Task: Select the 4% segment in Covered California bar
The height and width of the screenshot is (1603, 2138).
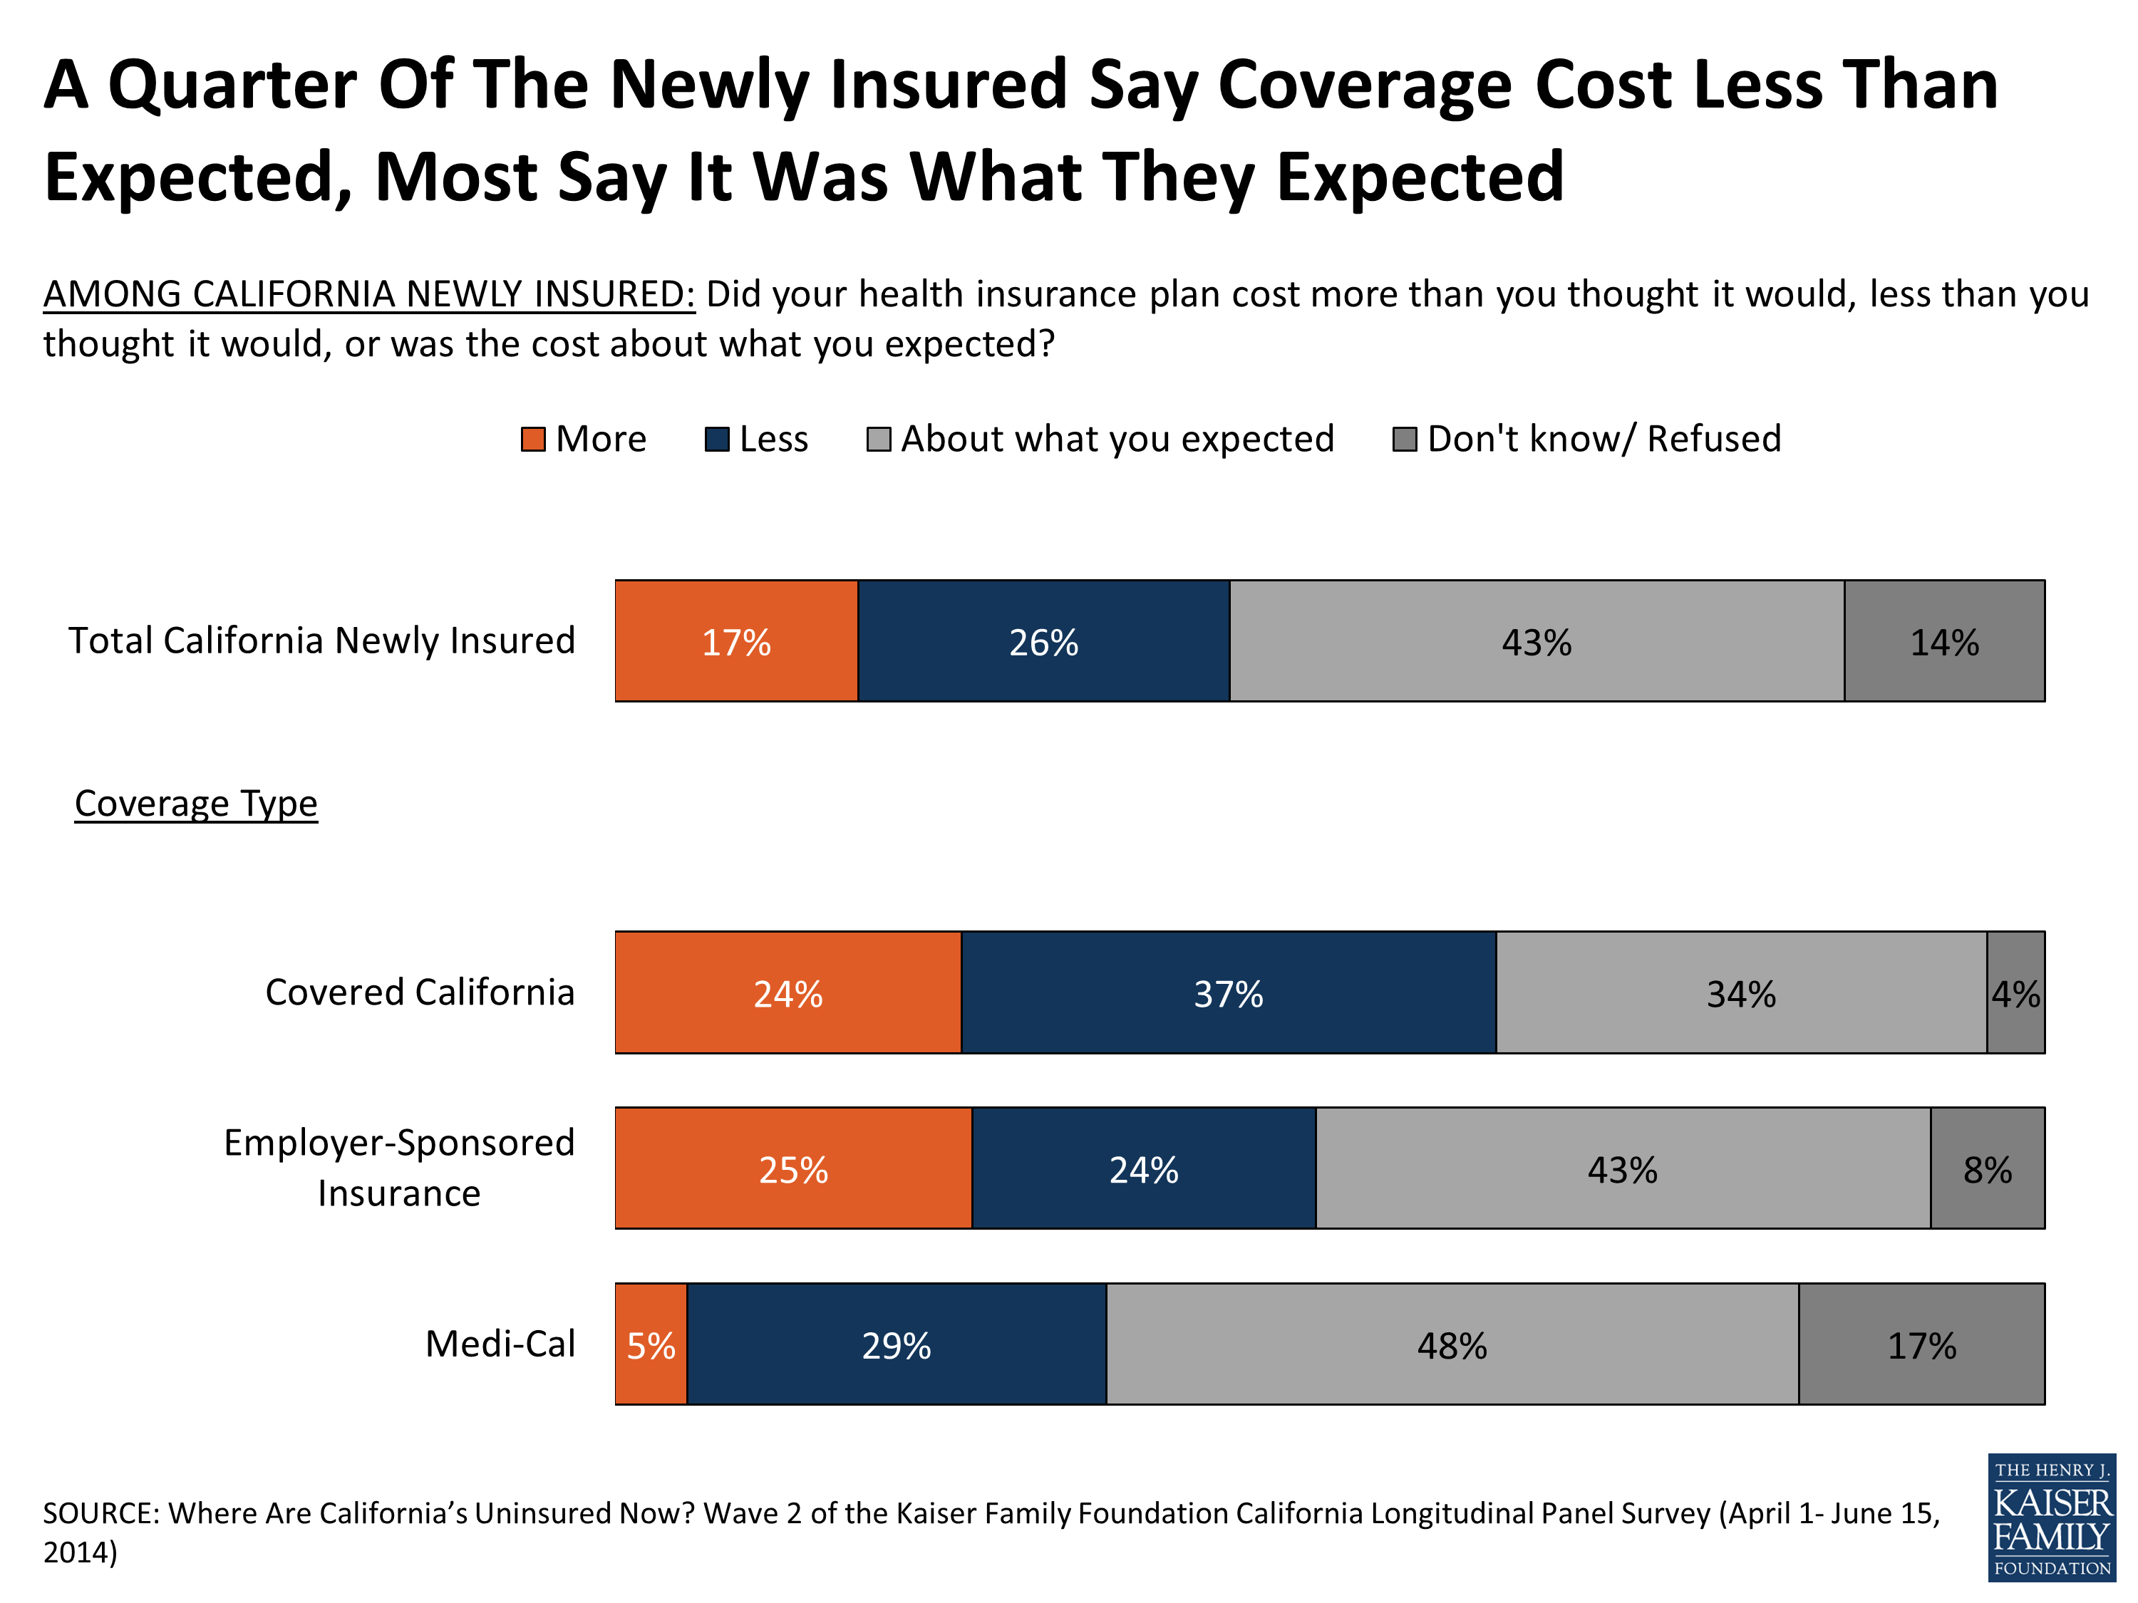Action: pyautogui.click(x=2015, y=993)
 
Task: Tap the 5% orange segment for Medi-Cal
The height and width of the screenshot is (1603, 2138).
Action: pyautogui.click(x=651, y=1345)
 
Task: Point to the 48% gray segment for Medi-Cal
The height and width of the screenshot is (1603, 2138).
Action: pyautogui.click(x=1452, y=1345)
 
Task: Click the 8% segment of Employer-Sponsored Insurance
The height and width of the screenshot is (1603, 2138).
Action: pyautogui.click(x=1987, y=1169)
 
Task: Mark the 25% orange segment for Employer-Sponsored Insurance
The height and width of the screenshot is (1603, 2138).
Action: pyautogui.click(x=792, y=1169)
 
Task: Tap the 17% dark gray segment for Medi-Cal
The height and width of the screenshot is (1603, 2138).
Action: pyautogui.click(x=1921, y=1345)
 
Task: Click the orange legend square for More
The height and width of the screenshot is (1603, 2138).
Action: pyautogui.click(x=532, y=440)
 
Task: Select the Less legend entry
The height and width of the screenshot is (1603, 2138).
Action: pyautogui.click(x=758, y=440)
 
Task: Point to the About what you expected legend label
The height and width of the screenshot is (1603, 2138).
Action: pyautogui.click(x=1117, y=440)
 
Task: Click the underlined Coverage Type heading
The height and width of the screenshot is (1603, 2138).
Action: pyautogui.click(x=196, y=804)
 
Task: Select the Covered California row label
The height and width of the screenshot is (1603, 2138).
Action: pyautogui.click(x=420, y=992)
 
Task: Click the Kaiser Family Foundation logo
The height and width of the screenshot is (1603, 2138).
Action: pyautogui.click(x=2051, y=1519)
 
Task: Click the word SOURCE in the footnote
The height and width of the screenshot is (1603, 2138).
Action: pyautogui.click(x=100, y=1513)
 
